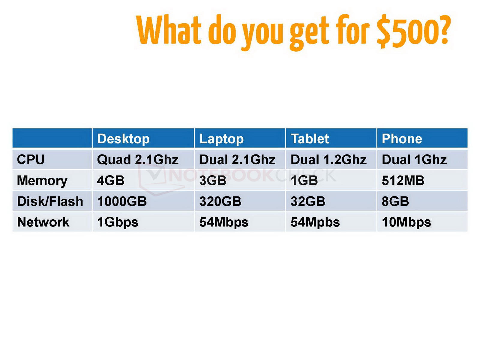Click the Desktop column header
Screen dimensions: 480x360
(123, 139)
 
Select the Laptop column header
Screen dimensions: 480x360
(221, 139)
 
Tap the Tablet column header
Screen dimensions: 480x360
(310, 139)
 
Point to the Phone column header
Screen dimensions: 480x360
(402, 139)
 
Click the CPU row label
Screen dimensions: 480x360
(31, 159)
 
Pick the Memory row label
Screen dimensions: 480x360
(42, 181)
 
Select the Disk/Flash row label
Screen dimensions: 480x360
(50, 201)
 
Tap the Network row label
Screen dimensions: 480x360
(43, 222)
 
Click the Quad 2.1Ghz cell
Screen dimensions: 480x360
(138, 160)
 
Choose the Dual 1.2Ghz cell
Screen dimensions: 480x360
(328, 159)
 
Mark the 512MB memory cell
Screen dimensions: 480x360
(403, 181)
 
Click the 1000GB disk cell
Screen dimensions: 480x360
(122, 201)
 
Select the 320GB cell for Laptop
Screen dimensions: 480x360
(220, 201)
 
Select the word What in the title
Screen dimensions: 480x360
(169, 29)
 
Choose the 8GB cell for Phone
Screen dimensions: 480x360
(395, 201)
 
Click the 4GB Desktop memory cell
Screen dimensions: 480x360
(111, 181)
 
